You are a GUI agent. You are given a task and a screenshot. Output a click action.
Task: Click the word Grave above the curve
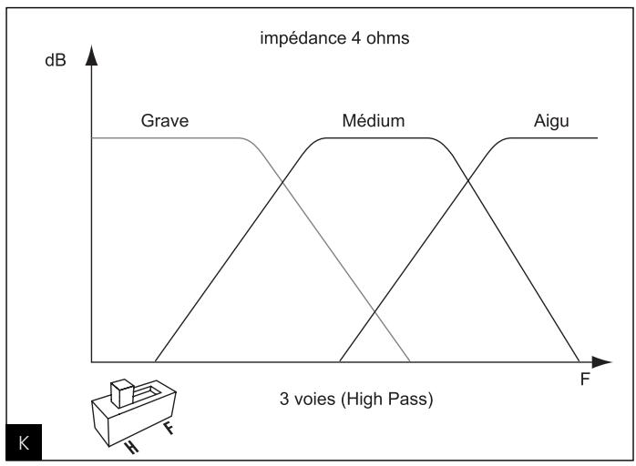click(x=165, y=120)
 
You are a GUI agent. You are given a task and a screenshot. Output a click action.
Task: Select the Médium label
click(x=374, y=120)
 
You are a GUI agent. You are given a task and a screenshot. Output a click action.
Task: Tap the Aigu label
click(x=550, y=120)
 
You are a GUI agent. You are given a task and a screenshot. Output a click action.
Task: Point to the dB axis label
click(x=68, y=65)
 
